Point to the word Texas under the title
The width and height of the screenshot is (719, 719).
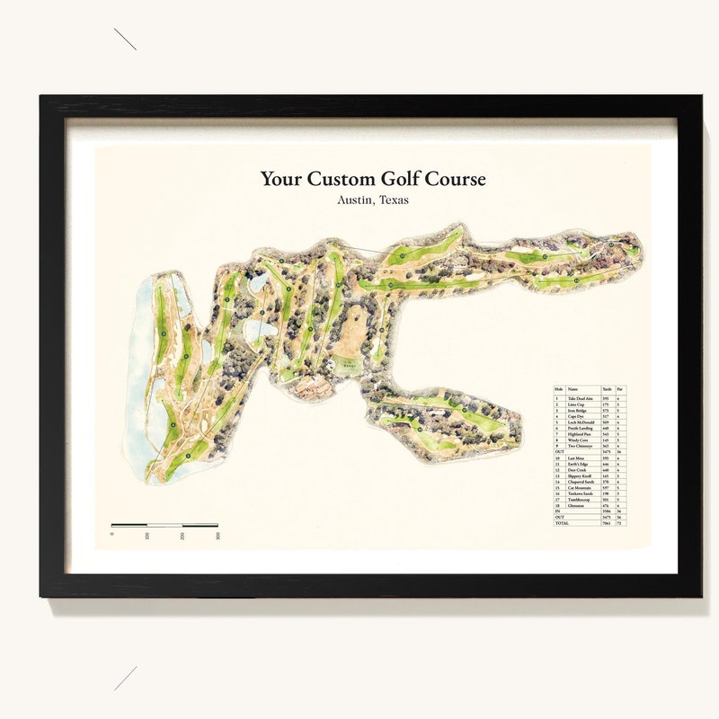394,200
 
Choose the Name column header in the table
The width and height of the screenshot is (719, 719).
573,389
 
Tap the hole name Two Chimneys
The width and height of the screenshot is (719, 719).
581,445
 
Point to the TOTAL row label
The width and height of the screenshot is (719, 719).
563,522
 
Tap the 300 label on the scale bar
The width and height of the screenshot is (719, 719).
217,536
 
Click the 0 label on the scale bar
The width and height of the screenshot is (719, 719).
112,534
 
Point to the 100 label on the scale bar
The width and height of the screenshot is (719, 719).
147,536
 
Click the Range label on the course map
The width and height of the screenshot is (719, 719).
346,365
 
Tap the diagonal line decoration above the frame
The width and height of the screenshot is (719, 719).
125,39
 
